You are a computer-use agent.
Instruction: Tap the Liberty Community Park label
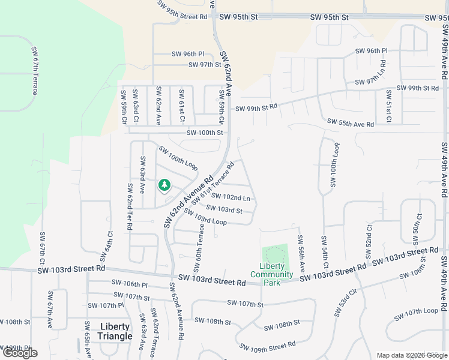[x=272, y=274]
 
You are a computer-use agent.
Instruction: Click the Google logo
[x=20, y=353]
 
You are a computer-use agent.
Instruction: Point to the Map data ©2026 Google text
[x=412, y=355]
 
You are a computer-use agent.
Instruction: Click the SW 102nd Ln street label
[x=231, y=197]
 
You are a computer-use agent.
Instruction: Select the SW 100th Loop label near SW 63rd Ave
[x=178, y=157]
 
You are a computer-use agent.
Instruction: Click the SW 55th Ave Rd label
[x=351, y=122]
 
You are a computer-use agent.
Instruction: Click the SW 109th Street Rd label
[x=267, y=346]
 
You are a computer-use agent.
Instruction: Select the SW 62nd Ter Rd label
[x=129, y=208]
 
